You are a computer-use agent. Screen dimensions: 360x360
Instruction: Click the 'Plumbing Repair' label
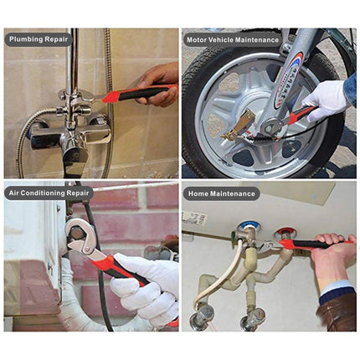(x=38, y=39)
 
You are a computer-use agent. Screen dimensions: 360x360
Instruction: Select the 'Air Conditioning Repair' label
(x=49, y=193)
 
